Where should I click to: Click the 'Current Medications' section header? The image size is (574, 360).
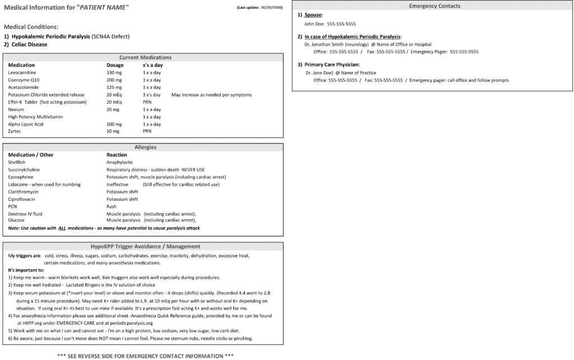(x=145, y=57)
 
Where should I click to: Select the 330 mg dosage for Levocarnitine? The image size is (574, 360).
(x=114, y=73)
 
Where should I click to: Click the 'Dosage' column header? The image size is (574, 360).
(x=115, y=65)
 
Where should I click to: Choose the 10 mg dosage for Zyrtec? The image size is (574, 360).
(x=113, y=131)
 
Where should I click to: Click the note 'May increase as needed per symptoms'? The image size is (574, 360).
(x=211, y=95)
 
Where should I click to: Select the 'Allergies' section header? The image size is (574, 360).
(x=145, y=147)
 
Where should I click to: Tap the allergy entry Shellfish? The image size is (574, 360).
(x=17, y=162)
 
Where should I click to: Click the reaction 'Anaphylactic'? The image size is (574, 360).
(x=119, y=162)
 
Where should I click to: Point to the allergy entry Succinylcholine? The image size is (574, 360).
(x=24, y=169)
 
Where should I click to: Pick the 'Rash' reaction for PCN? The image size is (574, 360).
(x=111, y=206)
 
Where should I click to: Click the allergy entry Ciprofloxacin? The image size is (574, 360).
(x=21, y=199)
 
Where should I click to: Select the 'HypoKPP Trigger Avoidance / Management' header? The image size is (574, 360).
(x=145, y=246)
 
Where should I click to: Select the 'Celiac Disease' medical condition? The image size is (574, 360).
(x=28, y=44)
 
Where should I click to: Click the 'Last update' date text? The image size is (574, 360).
(x=260, y=7)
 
